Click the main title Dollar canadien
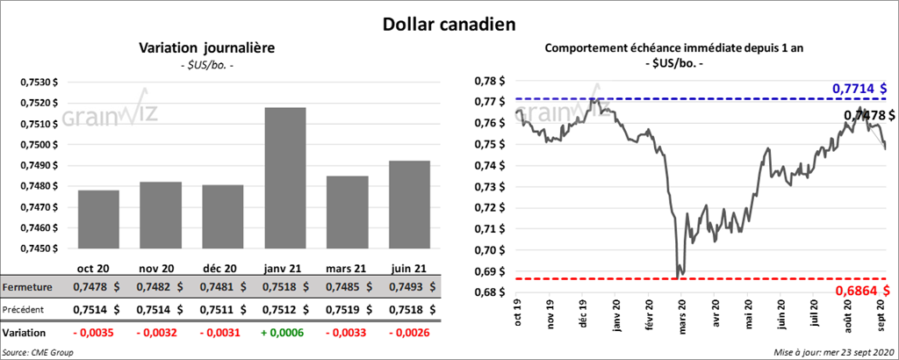click(x=449, y=24)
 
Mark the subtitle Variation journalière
click(x=207, y=48)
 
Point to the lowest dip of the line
click(x=679, y=276)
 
